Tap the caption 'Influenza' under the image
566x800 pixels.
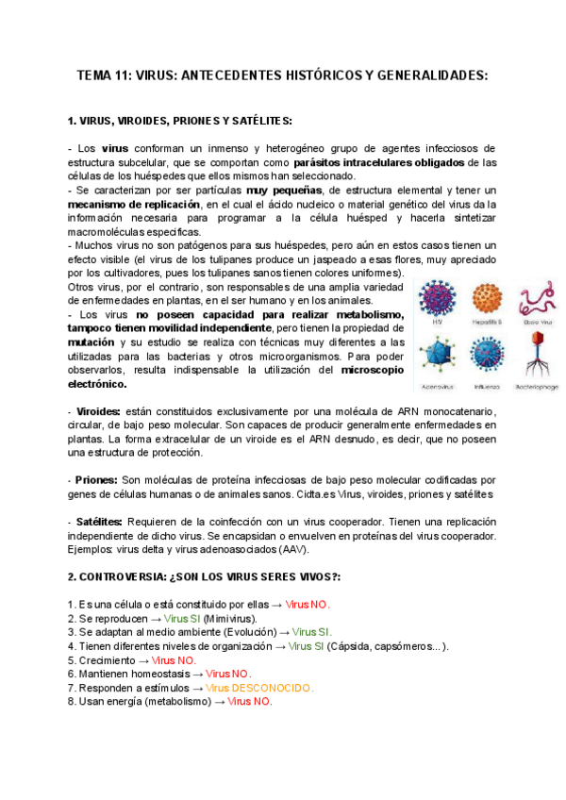coord(486,387)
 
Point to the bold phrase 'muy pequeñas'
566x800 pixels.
coord(279,190)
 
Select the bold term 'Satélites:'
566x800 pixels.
coord(100,522)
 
